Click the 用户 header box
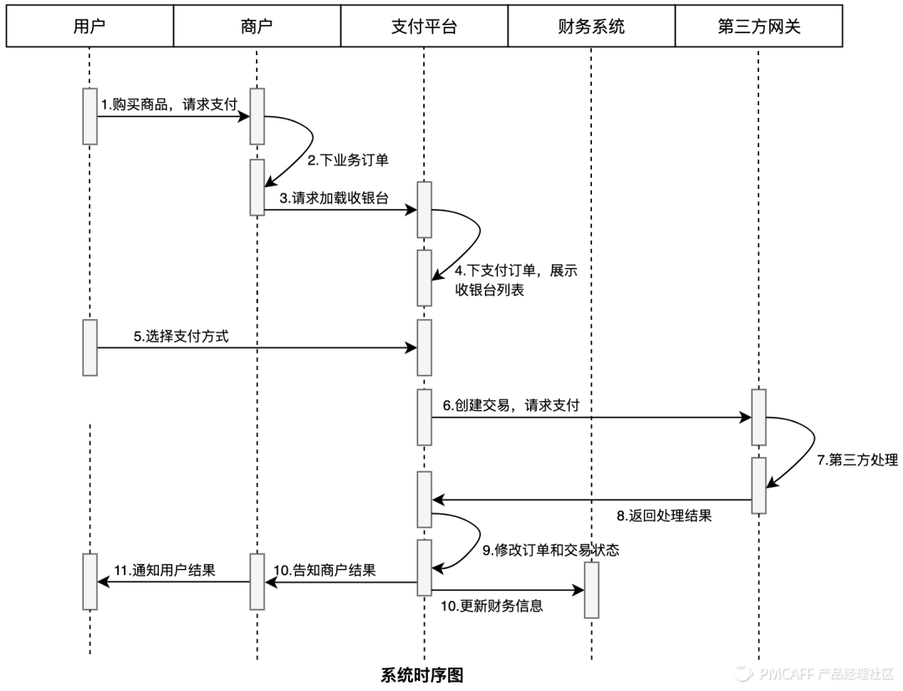point(89,27)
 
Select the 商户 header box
point(257,27)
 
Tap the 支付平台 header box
point(424,27)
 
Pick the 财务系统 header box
point(591,27)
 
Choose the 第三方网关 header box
point(758,27)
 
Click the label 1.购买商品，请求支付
point(169,104)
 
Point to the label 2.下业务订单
point(343,160)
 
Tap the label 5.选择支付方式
point(181,337)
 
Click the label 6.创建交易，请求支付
point(511,406)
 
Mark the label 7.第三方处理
point(858,460)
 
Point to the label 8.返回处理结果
point(664,515)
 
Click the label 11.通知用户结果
point(164,571)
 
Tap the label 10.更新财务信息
point(492,606)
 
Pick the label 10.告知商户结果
point(324,571)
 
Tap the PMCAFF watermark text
point(823,673)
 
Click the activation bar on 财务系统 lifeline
point(591,589)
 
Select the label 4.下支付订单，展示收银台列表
point(516,281)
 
